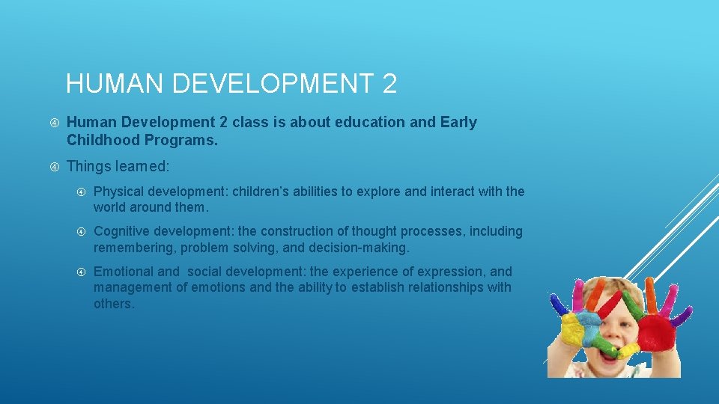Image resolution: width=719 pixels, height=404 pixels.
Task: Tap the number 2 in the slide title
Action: (389, 83)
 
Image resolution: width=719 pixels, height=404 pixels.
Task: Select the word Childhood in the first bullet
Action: (103, 140)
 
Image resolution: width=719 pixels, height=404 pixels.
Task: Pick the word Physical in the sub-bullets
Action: (118, 192)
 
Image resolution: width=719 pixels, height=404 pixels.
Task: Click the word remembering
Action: (133, 247)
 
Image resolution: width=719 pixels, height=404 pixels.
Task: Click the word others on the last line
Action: (113, 304)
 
